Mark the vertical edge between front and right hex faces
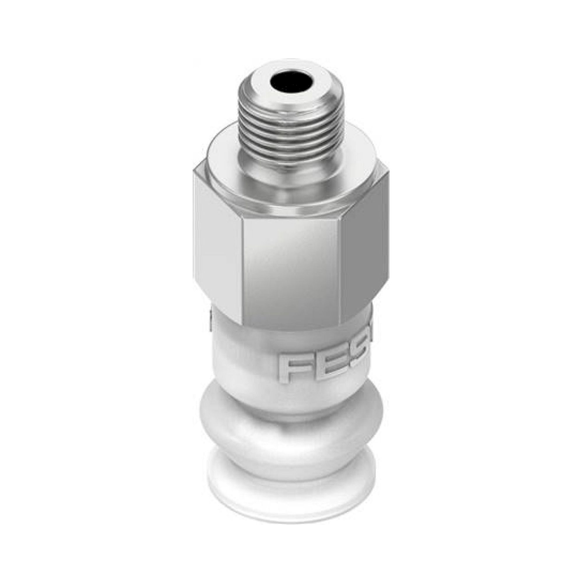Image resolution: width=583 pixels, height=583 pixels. pyautogui.click(x=341, y=272)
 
